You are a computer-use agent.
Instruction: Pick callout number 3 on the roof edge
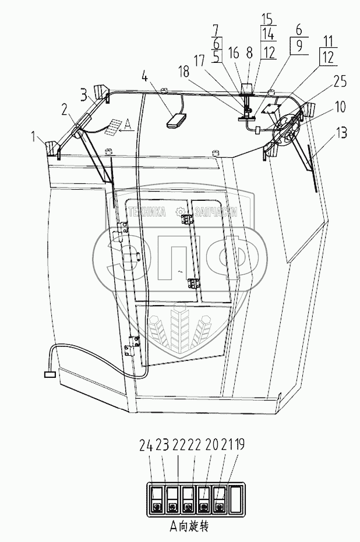coord(84,93)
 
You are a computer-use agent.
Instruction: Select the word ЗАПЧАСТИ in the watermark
coord(214,212)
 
